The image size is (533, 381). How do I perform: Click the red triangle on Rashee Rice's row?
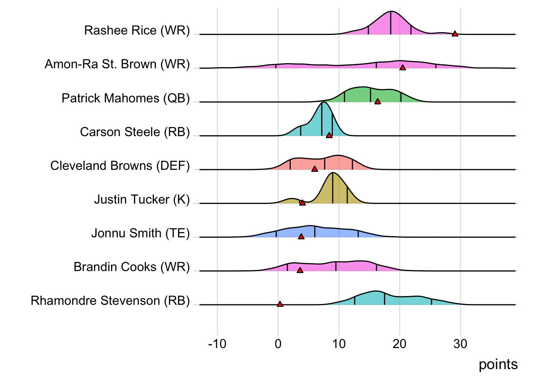click(455, 34)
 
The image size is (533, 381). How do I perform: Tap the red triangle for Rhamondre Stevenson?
click(280, 304)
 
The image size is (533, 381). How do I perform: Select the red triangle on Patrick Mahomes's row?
click(378, 102)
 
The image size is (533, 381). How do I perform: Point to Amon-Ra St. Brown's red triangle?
click(403, 68)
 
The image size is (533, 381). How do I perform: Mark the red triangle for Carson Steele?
click(329, 135)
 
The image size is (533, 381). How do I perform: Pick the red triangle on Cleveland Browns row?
click(314, 169)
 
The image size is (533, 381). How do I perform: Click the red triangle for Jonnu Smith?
click(301, 237)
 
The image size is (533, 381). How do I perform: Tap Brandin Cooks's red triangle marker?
click(300, 270)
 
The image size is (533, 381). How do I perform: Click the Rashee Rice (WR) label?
click(137, 31)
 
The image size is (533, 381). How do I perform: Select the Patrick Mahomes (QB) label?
click(126, 98)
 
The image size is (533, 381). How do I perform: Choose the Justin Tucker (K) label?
click(142, 199)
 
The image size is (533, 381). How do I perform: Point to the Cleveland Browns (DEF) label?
click(120, 165)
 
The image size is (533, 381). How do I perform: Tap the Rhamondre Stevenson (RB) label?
click(110, 301)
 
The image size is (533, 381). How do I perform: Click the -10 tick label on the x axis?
click(217, 344)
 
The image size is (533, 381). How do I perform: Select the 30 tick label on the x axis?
click(460, 344)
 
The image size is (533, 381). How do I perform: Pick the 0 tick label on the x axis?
click(278, 344)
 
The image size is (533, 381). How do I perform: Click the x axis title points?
click(498, 364)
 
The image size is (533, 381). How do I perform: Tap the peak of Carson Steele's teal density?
click(324, 102)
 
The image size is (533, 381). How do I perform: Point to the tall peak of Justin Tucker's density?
click(333, 173)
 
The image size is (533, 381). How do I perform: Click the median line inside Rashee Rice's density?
click(391, 23)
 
